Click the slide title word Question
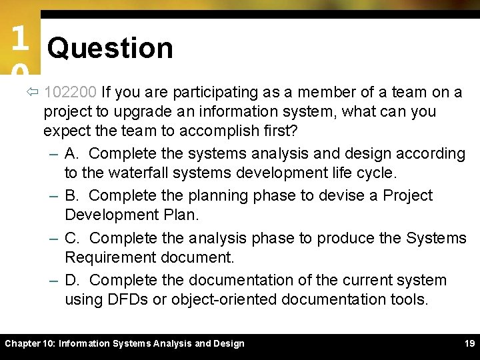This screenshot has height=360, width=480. [x=110, y=48]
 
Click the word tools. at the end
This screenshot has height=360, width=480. [x=406, y=299]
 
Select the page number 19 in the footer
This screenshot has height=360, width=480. [x=469, y=343]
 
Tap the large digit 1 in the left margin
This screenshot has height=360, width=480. [x=19, y=39]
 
